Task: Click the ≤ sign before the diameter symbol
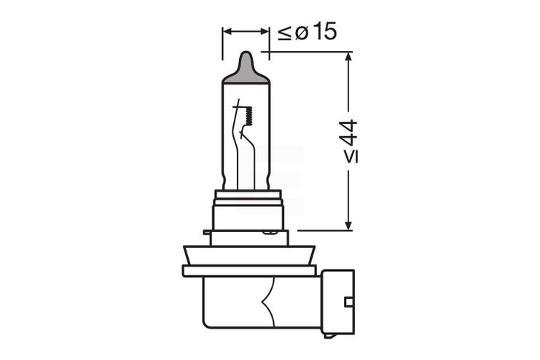pos(284,33)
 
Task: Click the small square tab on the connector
pos(349,301)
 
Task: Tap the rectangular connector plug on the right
pos(338,300)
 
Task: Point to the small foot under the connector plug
pos(330,335)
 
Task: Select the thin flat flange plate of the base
pos(248,270)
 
